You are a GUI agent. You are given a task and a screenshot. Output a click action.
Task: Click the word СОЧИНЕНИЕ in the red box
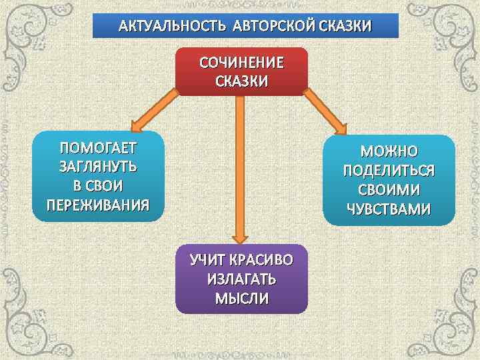click(242, 63)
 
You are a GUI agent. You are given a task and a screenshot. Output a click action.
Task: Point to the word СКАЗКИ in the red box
click(242, 81)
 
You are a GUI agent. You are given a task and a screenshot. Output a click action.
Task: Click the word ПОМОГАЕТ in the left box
click(98, 147)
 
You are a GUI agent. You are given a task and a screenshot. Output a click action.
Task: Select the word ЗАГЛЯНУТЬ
click(98, 166)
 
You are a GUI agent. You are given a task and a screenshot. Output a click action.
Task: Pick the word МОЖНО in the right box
click(389, 152)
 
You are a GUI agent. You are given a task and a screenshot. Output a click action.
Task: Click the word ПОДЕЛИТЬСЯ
click(389, 171)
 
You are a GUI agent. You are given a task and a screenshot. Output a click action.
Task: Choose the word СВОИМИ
click(389, 191)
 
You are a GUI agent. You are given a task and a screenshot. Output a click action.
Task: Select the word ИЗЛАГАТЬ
click(242, 279)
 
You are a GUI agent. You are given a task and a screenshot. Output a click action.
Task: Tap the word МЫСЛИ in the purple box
click(242, 298)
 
